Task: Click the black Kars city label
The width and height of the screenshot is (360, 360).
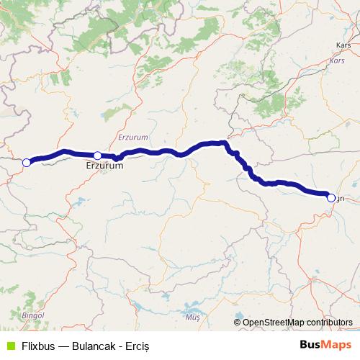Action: click(x=343, y=44)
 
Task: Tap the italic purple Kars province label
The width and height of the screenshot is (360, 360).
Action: click(x=337, y=60)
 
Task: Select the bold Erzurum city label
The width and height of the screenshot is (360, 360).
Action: click(x=104, y=166)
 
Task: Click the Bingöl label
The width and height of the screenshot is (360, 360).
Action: click(x=33, y=315)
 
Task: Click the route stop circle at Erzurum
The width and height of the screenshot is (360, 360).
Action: click(x=97, y=156)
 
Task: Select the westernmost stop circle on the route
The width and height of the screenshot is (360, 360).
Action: click(x=26, y=163)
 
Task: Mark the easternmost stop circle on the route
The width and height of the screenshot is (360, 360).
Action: click(x=330, y=198)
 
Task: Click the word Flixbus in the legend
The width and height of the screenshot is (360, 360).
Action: click(x=37, y=346)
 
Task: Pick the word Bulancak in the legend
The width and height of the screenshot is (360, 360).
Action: click(x=95, y=346)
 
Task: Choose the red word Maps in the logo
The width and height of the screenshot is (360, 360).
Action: click(x=338, y=345)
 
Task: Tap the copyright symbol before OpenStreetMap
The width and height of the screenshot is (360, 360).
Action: click(x=238, y=323)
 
